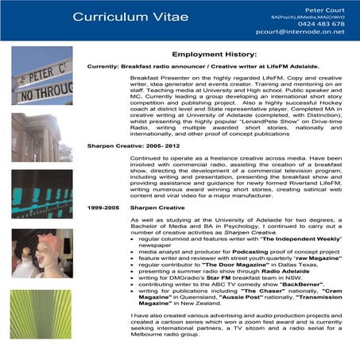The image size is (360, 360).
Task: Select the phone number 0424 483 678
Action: [322, 25]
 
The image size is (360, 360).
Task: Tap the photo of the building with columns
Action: [41, 137]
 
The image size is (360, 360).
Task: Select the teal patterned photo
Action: [41, 195]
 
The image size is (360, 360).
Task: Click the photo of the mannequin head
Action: [41, 254]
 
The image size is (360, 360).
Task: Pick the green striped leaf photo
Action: [41, 314]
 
